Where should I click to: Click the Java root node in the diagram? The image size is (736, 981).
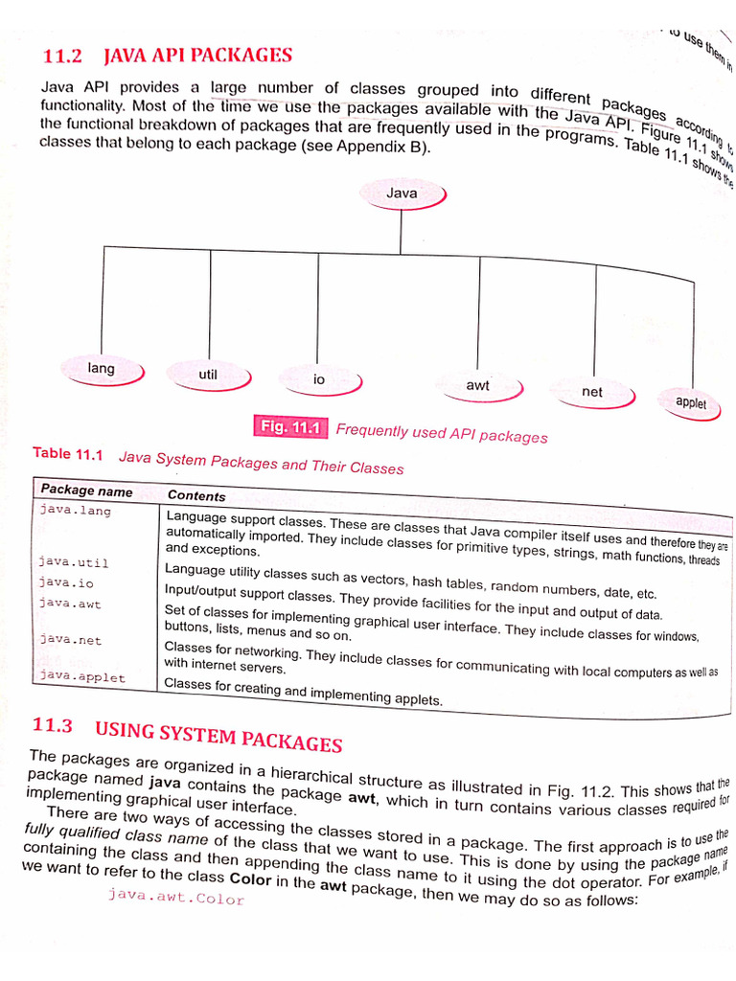click(402, 194)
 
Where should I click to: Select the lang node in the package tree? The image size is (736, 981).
click(101, 369)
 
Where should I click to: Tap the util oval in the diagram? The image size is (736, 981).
click(208, 376)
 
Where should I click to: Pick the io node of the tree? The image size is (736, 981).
click(319, 380)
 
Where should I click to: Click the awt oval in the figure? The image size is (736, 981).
click(478, 386)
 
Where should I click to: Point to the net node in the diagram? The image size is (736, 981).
click(592, 392)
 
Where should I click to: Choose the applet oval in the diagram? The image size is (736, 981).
click(690, 403)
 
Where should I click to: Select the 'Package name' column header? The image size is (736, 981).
click(86, 491)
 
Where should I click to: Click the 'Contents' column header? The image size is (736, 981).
click(196, 496)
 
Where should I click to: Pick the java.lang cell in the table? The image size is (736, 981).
click(75, 512)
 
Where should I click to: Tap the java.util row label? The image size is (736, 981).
click(74, 562)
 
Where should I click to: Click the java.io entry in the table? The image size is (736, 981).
click(66, 582)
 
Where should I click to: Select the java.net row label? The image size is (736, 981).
click(70, 639)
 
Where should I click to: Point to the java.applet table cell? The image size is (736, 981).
click(82, 676)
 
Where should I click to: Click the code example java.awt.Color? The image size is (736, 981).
click(175, 899)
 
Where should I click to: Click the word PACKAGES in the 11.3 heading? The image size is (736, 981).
click(290, 741)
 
